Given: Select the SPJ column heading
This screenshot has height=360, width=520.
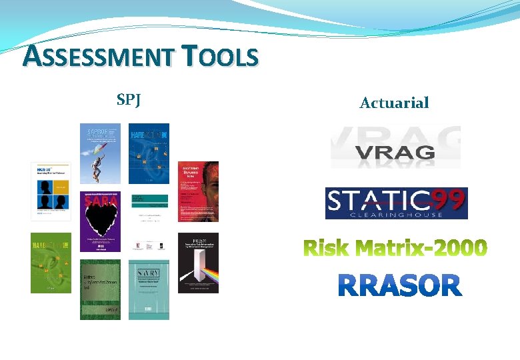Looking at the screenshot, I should pos(128,101).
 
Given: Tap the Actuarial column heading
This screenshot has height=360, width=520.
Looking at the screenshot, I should pos(394,103).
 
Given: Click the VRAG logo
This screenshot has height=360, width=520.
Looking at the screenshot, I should pos(395,147).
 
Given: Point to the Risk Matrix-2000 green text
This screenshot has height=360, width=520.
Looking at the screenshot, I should pos(395,248).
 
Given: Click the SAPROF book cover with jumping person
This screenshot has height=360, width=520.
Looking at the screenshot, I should pos(100,153).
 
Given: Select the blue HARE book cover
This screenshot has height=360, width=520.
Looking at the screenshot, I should pos(149,153).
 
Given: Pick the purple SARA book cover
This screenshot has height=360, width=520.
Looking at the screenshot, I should pos(100,221).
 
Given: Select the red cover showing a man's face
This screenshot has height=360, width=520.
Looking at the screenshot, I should pos(198,191).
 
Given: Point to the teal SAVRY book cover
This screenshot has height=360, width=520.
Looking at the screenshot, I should pos(149,289).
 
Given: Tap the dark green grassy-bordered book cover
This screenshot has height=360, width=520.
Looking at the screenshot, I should pos(100,289).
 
